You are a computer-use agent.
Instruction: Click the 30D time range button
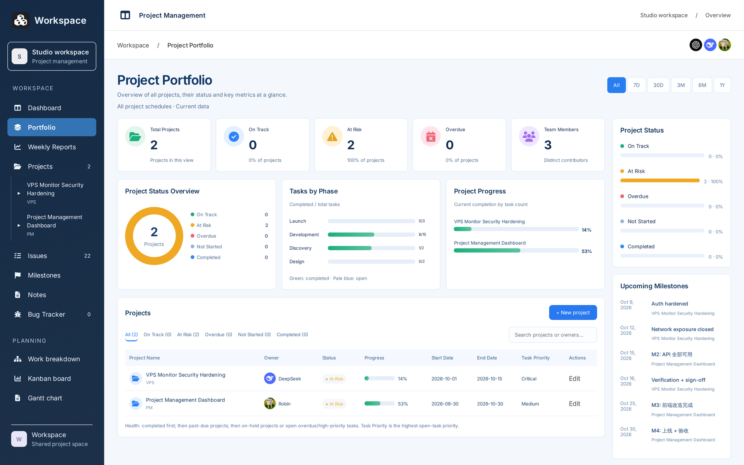tap(658, 85)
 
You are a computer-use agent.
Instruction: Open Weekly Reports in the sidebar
tap(52, 147)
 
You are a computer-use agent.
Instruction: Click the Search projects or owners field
tap(553, 335)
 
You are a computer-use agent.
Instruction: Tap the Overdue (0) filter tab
tap(219, 334)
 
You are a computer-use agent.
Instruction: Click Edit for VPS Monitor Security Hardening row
tap(574, 379)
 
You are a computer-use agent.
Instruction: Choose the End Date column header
tap(487, 358)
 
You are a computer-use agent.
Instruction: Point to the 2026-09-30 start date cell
tap(445, 404)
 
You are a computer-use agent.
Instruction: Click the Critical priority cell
tap(529, 379)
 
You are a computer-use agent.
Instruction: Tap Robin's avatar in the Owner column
tap(270, 403)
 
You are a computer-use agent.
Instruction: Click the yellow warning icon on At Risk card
tap(332, 136)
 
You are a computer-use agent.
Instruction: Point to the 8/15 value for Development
tap(422, 234)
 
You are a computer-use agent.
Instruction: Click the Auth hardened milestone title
tap(670, 304)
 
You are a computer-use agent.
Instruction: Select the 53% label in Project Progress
tap(586, 251)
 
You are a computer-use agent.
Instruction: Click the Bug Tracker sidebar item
tap(52, 314)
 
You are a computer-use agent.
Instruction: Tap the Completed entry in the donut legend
tap(208, 257)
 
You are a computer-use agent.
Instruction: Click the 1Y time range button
tap(722, 85)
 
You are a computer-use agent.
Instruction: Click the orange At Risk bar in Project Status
tap(660, 181)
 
